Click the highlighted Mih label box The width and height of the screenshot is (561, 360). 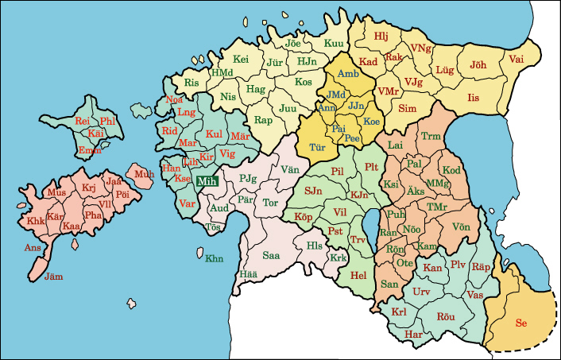(x=207, y=181)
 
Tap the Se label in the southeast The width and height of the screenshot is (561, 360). (x=521, y=323)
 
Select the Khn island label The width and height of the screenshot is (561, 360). (x=215, y=258)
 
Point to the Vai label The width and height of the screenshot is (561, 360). (x=517, y=59)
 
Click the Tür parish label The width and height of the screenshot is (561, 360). (x=318, y=147)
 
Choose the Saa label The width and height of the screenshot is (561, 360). (x=271, y=255)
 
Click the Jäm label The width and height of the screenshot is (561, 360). (x=53, y=277)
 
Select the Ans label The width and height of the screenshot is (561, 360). (x=33, y=248)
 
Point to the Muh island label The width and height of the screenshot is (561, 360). (x=145, y=174)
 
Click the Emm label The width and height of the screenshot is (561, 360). (x=89, y=150)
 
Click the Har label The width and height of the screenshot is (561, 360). (x=413, y=334)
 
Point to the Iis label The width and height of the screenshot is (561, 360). (x=474, y=97)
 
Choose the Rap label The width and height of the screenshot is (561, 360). (x=263, y=120)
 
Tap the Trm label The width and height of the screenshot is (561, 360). (x=430, y=137)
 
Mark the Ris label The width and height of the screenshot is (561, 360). (x=191, y=83)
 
